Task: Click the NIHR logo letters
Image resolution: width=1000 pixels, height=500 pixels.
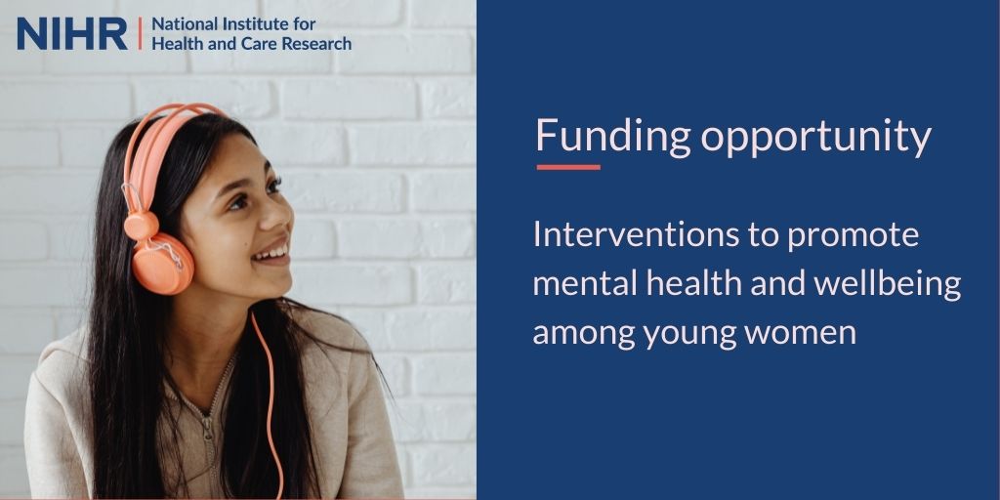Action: [71, 33]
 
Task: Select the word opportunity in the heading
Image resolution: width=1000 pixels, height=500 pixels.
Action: [816, 138]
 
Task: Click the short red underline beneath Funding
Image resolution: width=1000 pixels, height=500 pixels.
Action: [568, 167]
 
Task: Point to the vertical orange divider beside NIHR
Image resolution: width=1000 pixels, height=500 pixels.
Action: [140, 33]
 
